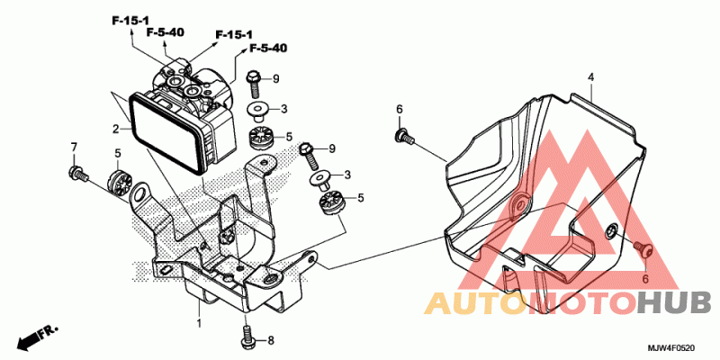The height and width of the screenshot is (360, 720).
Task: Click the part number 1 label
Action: [x=199, y=323]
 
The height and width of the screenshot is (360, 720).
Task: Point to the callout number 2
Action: [x=116, y=129]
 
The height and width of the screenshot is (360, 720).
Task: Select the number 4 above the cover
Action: [x=591, y=77]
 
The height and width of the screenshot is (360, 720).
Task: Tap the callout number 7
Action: [x=74, y=147]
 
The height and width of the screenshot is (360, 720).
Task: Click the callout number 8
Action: [x=271, y=340]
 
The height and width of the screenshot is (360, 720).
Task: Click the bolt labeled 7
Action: [x=77, y=173]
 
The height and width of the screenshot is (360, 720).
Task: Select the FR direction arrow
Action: [x=38, y=337]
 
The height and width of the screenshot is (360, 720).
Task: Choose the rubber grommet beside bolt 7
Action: [x=118, y=182]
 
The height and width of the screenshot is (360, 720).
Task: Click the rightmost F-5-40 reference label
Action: [x=268, y=48]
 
